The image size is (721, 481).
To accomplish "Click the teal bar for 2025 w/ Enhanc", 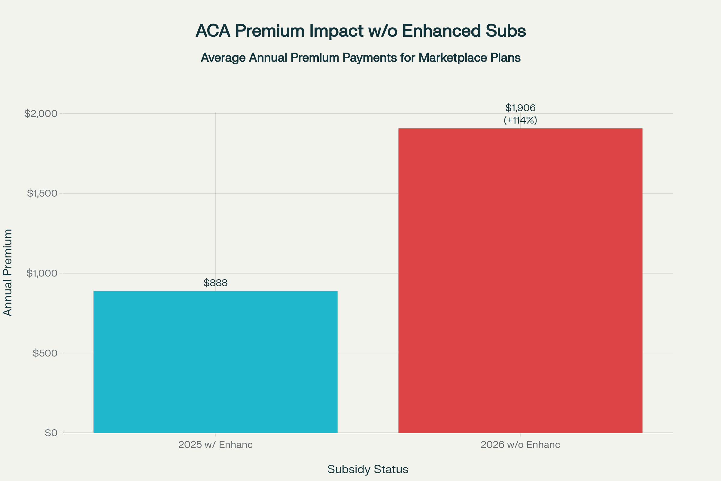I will coord(215,362).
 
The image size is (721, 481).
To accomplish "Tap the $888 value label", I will coord(215,283).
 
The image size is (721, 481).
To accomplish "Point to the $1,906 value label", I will coord(520,108).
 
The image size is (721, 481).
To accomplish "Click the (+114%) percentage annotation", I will coord(520,120).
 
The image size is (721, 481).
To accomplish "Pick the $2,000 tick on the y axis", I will coord(41,114).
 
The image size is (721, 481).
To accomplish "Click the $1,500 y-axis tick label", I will coord(42,193).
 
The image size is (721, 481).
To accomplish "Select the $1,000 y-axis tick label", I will coord(42,273).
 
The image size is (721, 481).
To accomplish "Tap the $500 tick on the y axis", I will coord(45,353).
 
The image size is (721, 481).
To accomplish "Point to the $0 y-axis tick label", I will coord(51,433).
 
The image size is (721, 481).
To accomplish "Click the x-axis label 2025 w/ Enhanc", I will coord(215,445).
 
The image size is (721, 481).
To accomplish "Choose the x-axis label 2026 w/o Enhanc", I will coord(520,445).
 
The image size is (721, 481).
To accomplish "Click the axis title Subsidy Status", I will coord(367,469).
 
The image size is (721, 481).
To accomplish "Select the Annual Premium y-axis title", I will coord(8,272).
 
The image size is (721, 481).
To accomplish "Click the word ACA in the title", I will coord(213,31).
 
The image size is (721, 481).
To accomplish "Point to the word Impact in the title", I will coord(336,31).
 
